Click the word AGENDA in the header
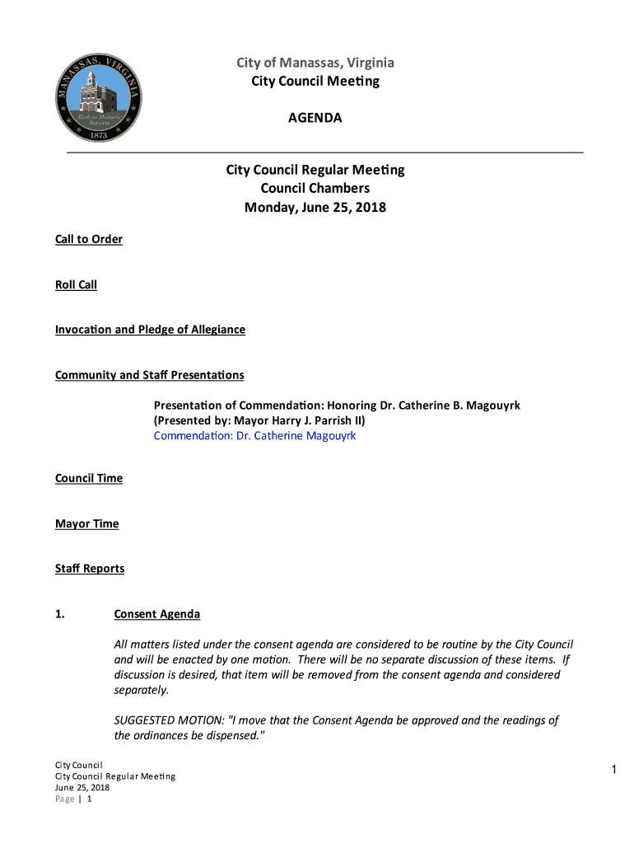click(315, 118)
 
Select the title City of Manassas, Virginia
click(315, 63)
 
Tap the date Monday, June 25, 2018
click(315, 208)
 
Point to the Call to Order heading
click(89, 239)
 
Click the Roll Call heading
click(76, 284)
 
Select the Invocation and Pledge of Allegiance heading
click(150, 330)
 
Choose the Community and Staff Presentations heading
click(149, 375)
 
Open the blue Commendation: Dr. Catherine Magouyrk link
click(254, 435)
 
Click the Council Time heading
click(89, 478)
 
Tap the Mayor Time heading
click(86, 523)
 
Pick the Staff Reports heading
click(90, 569)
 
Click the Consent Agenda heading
click(156, 614)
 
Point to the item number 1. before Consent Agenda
click(60, 614)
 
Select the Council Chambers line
click(315, 189)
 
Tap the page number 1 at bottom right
click(613, 770)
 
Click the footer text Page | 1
click(72, 799)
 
